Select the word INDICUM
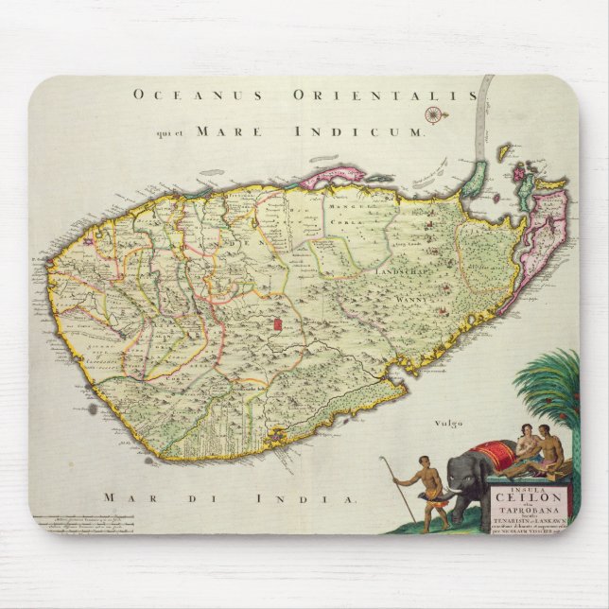tap(379, 132)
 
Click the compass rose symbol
tap(433, 114)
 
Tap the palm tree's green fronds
tap(550, 383)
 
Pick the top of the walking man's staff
tap(382, 460)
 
